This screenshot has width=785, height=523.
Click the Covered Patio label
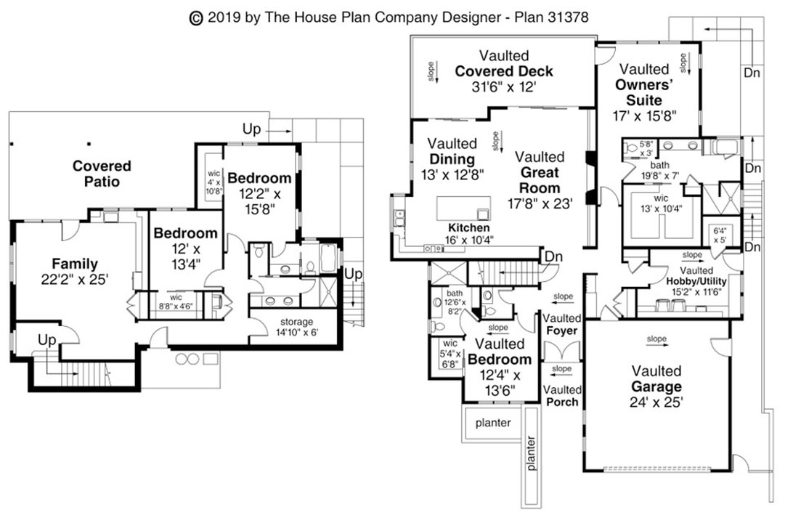[102, 174]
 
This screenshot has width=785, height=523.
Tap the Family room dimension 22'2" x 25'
[74, 278]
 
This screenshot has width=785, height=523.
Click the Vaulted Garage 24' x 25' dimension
[656, 401]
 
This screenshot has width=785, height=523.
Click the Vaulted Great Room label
[540, 173]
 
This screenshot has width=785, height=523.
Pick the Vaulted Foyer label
[561, 325]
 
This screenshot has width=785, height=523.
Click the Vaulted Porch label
[561, 396]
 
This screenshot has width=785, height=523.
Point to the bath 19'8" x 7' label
[659, 170]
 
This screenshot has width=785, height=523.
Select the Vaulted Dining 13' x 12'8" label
[452, 159]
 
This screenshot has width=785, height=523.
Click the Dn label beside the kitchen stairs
[554, 256]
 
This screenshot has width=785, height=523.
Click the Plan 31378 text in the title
[552, 16]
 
